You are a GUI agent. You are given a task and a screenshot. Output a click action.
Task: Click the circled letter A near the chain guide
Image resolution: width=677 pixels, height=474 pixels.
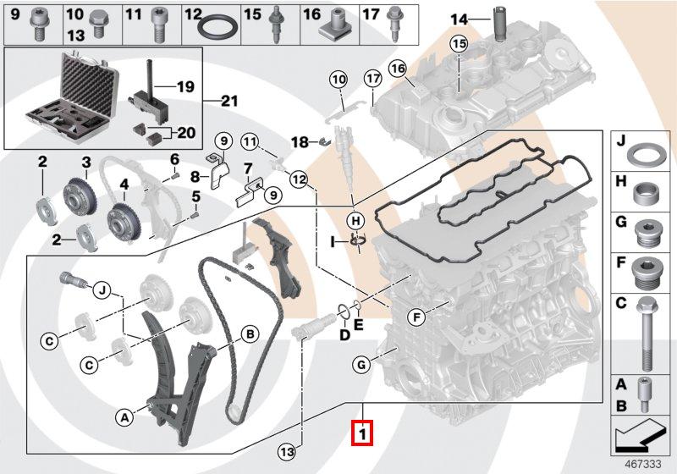(124, 416)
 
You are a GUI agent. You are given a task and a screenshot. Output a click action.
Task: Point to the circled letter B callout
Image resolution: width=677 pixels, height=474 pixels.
(250, 334)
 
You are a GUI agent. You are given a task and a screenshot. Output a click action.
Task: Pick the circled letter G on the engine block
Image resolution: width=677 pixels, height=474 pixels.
(361, 365)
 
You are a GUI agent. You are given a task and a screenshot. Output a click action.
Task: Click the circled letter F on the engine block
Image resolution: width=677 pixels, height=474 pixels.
(416, 317)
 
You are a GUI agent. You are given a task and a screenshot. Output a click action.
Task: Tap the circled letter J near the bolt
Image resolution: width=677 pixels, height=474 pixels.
(101, 291)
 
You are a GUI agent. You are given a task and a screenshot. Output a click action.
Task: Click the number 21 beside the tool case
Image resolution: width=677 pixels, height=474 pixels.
(229, 102)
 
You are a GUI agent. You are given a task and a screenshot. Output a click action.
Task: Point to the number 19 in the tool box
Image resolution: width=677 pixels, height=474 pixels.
(185, 86)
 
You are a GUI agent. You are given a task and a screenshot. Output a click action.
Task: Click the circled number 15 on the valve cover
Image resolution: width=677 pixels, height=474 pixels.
(458, 43)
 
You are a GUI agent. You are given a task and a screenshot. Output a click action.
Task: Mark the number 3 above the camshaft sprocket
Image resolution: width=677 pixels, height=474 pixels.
(86, 163)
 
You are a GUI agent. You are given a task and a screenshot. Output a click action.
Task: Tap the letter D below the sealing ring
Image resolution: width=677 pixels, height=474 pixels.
(344, 336)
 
